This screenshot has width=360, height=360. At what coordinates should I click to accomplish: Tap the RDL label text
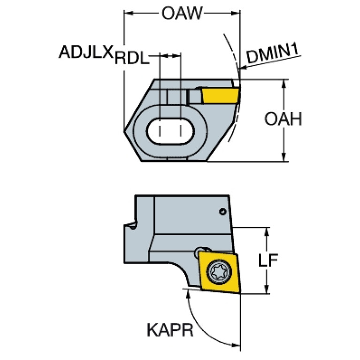coord(132,58)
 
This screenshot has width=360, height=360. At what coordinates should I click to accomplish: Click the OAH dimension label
coord(283,119)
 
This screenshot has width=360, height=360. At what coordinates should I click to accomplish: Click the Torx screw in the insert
coord(218,272)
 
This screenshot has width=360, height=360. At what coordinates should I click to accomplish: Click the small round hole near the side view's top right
coord(222,212)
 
